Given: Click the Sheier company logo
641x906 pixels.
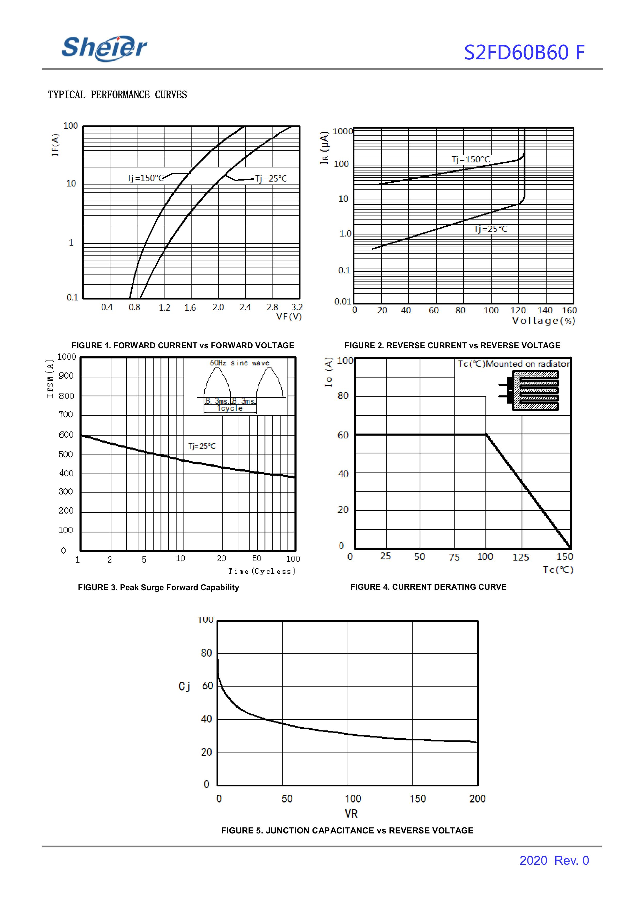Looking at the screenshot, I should point(104,48).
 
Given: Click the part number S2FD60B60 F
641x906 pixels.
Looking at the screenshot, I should point(524,52).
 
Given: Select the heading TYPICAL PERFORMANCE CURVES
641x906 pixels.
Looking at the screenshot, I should point(117,95).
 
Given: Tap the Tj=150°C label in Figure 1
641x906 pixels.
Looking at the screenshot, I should point(145,178).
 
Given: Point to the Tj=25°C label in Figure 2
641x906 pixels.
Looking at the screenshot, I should point(490,229).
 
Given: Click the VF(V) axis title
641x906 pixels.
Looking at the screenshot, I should point(289,317).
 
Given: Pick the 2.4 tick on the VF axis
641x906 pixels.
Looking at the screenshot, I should point(245,307).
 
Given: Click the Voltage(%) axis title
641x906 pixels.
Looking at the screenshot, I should point(543,321).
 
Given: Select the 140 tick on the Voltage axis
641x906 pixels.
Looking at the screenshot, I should point(545,310).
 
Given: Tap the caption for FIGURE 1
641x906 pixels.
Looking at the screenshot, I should point(183,345).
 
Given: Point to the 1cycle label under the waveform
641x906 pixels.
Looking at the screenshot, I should point(230,409).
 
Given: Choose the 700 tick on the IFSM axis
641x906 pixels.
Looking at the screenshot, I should point(66,415).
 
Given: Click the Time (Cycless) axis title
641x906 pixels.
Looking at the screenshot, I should point(262,571).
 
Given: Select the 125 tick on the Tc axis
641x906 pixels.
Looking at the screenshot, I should point(520,557).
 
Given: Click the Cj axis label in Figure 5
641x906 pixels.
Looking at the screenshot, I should point(184,687).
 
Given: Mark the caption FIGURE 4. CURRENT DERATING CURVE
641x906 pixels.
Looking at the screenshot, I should point(428,587).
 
